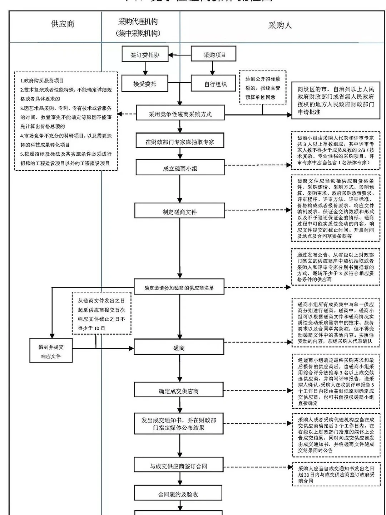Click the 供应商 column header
coord(63,24)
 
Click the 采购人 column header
coord(280,25)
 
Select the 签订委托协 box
coord(145,55)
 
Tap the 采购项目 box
coord(214,55)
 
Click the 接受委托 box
coord(145,84)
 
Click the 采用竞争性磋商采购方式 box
coord(180,114)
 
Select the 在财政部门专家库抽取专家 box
coord(180,142)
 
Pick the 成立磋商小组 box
coord(180,168)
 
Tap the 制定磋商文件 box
coord(179,212)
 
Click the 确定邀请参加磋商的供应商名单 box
coord(179,287)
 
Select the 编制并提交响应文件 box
coord(51,351)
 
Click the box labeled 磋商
coord(179,348)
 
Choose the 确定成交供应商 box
coord(179,391)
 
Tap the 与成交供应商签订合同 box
coord(179,466)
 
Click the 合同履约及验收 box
coord(178,494)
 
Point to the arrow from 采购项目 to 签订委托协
coord(179,55)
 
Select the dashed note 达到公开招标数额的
coord(263,88)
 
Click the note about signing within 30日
coord(336,474)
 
